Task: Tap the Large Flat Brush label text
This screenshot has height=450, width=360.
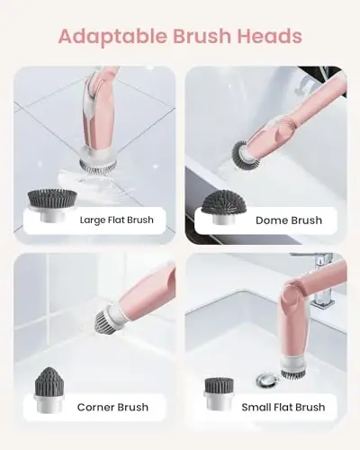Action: point(116,220)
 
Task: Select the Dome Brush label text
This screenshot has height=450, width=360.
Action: point(288,220)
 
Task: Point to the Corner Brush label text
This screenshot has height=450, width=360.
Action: point(112,407)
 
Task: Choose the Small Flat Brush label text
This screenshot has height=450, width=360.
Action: point(283,407)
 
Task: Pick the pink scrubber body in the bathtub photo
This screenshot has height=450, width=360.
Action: point(288,121)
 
